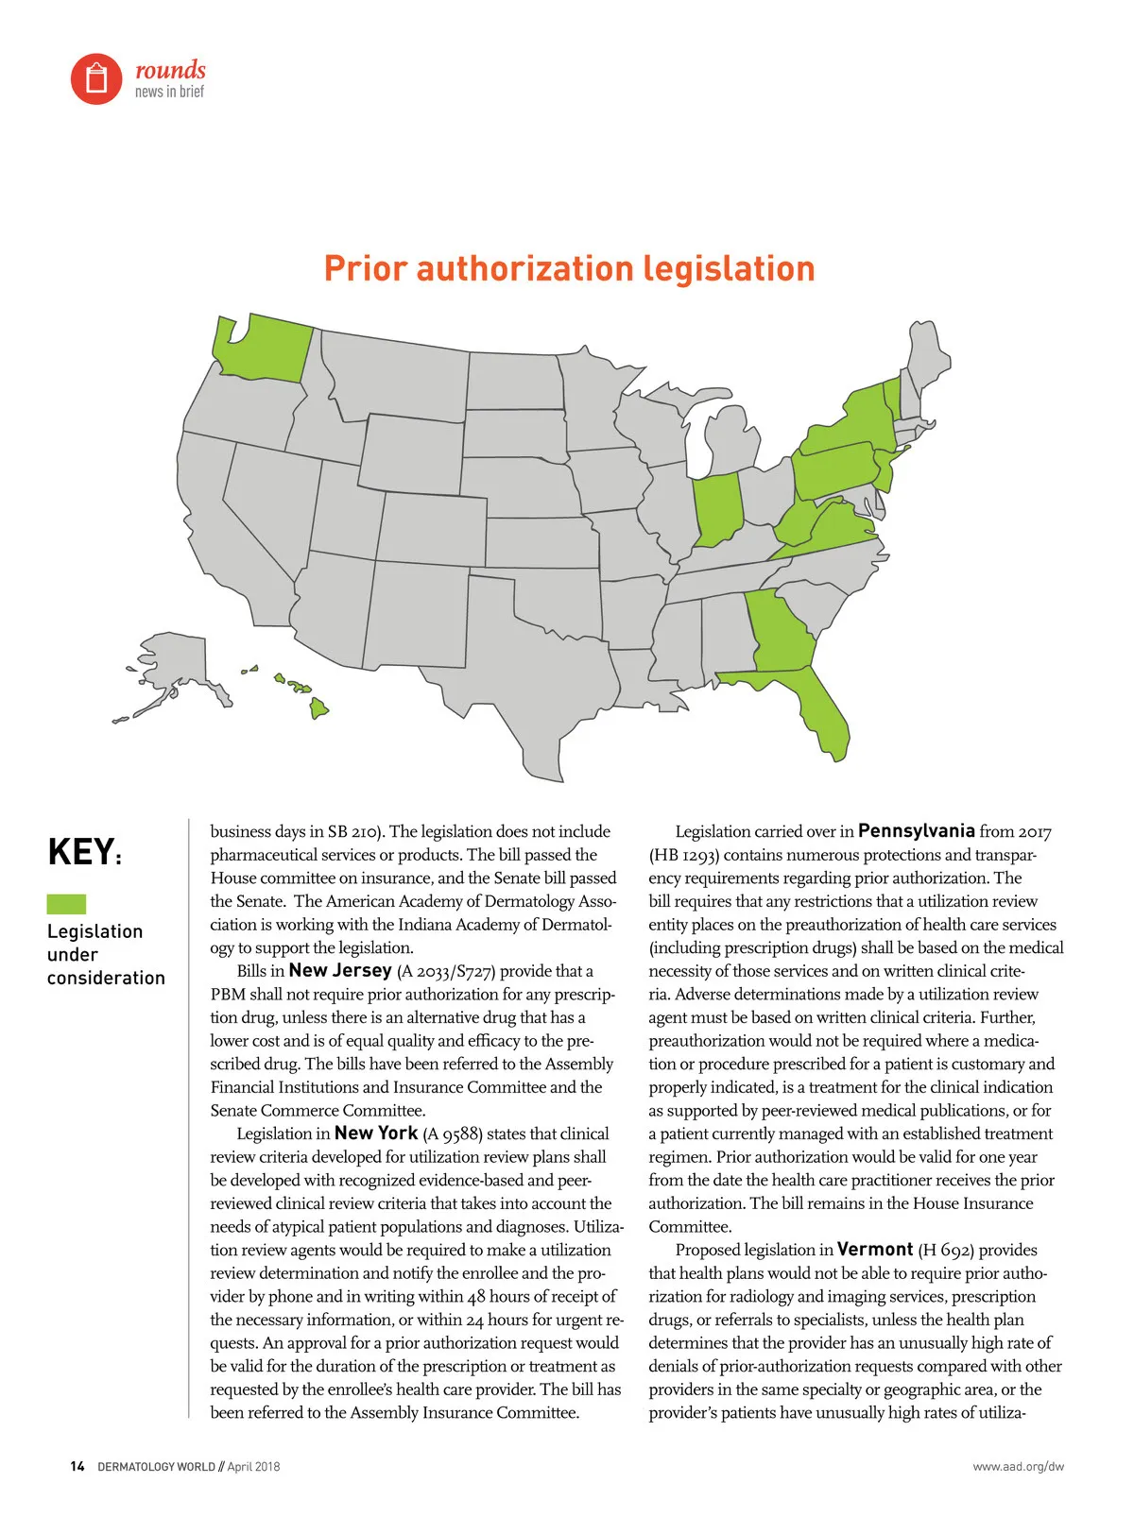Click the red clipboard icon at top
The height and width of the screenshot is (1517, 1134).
96,78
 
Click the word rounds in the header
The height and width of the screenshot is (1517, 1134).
170,70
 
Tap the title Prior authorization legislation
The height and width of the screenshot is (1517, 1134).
569,268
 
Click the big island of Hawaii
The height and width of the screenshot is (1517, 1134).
319,707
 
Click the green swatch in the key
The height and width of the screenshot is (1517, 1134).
66,903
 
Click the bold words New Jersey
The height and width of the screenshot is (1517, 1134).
340,970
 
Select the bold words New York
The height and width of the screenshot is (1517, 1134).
376,1133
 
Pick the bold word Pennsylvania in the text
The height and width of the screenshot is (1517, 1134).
916,831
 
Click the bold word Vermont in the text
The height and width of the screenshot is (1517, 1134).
875,1249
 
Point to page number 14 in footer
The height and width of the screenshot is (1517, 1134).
77,1466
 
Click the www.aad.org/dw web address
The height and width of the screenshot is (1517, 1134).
1018,1466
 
